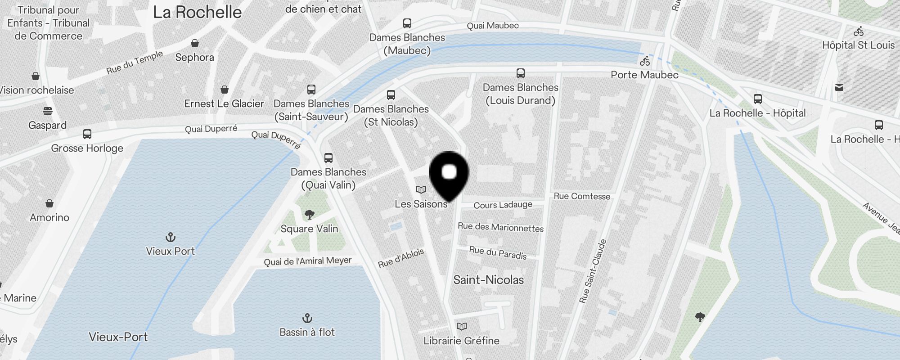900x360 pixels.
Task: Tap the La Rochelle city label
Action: pyautogui.click(x=197, y=12)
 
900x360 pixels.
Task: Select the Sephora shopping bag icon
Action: pyautogui.click(x=195, y=43)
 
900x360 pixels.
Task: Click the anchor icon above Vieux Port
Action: pyautogui.click(x=171, y=237)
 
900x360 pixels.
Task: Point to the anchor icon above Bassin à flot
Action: pyautogui.click(x=307, y=319)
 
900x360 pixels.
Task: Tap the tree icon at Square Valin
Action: pyautogui.click(x=309, y=215)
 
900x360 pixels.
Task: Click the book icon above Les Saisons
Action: pyautogui.click(x=421, y=190)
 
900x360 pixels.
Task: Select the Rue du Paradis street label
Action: pyautogui.click(x=498, y=252)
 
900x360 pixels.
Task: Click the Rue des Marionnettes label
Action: pyautogui.click(x=500, y=227)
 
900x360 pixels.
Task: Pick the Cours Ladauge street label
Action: pyautogui.click(x=503, y=205)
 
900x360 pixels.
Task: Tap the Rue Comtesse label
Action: pyautogui.click(x=582, y=196)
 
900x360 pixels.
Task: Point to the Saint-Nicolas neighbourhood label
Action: pyautogui.click(x=488, y=280)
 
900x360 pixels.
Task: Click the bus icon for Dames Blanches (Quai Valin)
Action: pyautogui.click(x=328, y=158)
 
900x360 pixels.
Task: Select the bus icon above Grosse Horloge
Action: pyautogui.click(x=87, y=134)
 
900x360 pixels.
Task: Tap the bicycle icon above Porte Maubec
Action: pyautogui.click(x=645, y=61)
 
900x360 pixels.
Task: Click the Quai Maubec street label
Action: pyautogui.click(x=493, y=26)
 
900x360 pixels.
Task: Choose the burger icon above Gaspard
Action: pyautogui.click(x=48, y=111)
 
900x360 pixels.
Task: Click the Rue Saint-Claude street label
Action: pyautogui.click(x=593, y=271)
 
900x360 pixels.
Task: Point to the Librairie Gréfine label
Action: pyautogui.click(x=461, y=341)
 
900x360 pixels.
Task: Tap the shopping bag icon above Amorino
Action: pyautogui.click(x=49, y=203)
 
